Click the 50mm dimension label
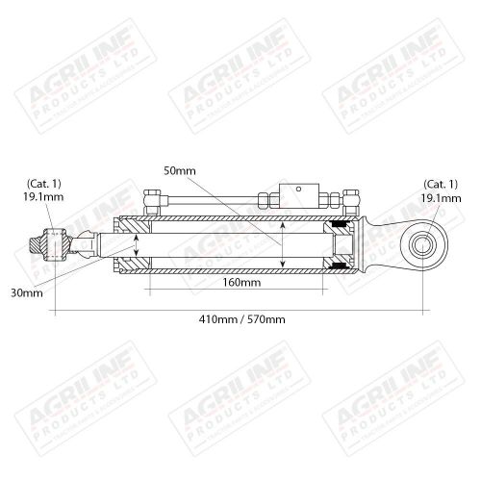tap(180, 170)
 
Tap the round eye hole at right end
tap(424, 246)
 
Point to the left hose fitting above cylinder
tap(151, 204)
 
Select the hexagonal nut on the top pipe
tap(265, 200)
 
